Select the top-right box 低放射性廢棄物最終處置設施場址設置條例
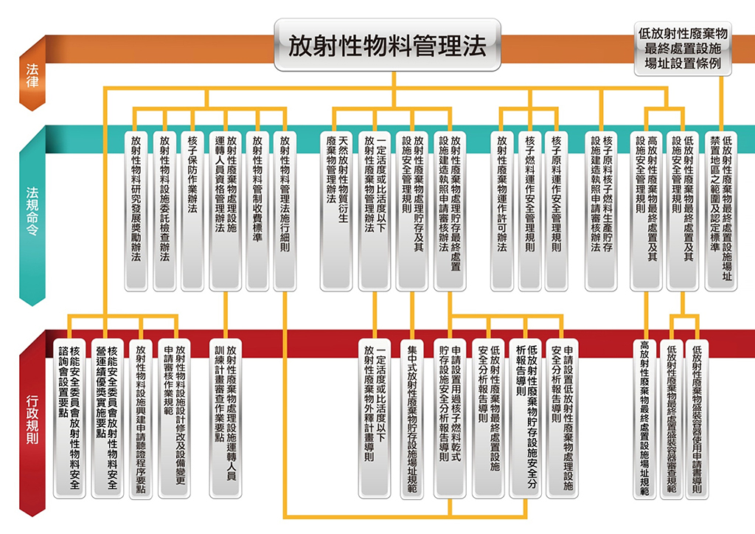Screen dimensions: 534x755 point(683,49)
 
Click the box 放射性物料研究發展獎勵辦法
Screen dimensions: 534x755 point(136,210)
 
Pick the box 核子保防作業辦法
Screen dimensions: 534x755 point(192,210)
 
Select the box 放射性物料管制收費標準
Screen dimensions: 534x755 point(257,210)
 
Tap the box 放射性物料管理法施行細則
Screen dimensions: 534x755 point(285,210)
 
